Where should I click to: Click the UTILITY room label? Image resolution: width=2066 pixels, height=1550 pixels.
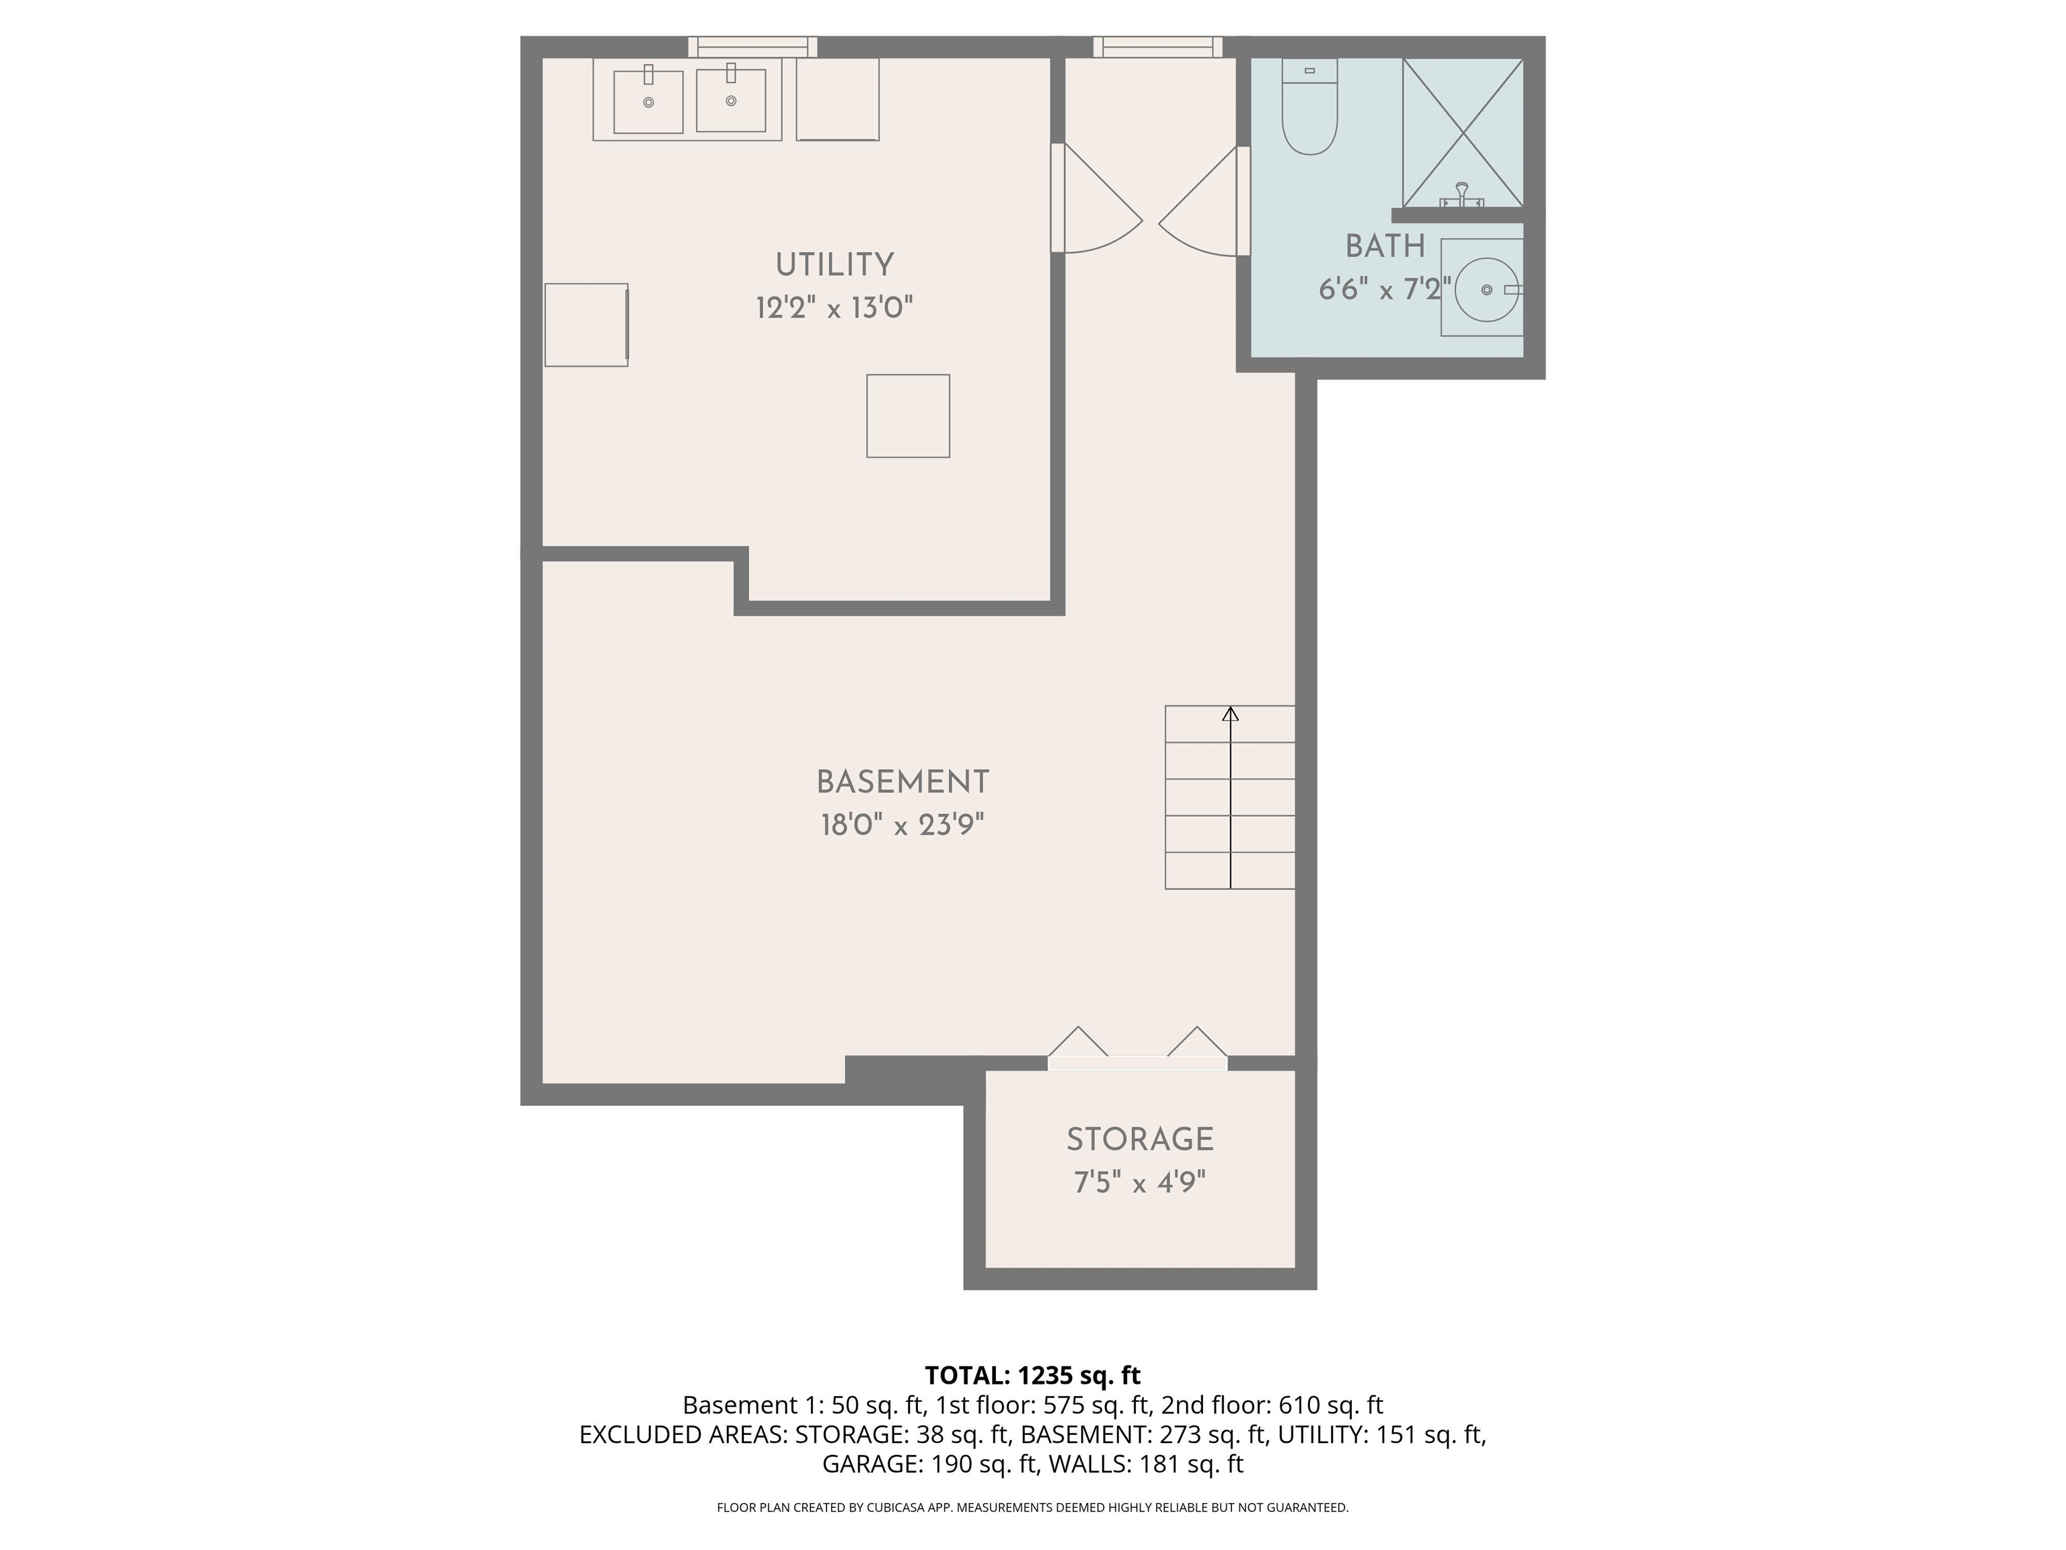coord(834,264)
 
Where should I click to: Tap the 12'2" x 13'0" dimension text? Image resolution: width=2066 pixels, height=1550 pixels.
coord(834,307)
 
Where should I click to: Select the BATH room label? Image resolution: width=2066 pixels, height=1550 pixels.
coord(1384,247)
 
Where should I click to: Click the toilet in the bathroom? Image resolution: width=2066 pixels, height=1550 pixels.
coord(1309,108)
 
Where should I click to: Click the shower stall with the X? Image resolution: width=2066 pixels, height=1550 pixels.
coord(1463,131)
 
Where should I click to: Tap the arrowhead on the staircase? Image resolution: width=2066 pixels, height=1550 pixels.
coord(1230,714)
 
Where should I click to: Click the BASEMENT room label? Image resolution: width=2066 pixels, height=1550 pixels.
coord(903,782)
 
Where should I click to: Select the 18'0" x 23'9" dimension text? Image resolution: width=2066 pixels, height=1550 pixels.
coord(903,825)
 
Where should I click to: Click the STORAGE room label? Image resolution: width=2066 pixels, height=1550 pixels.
coord(1139,1139)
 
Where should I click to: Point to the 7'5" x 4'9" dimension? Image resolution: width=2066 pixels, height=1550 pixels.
coord(1139,1183)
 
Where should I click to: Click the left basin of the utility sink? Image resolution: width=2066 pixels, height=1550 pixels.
coord(648,101)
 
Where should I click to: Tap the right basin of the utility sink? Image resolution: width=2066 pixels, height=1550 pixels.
coord(730,100)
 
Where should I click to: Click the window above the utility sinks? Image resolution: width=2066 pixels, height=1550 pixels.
coord(753,46)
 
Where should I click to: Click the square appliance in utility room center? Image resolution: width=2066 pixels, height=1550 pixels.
coord(908,416)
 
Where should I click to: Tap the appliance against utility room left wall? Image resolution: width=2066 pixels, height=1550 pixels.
coord(586,324)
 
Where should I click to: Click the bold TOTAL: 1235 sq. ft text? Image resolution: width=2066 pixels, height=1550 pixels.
coord(1032,1375)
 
